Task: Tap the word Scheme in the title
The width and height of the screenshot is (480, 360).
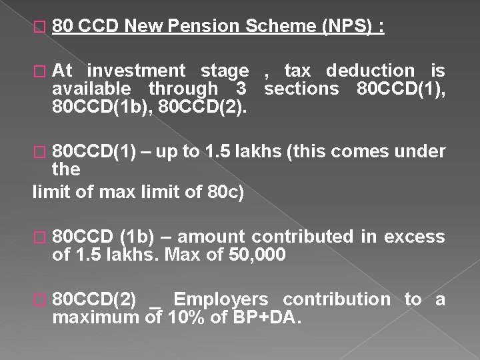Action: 279,27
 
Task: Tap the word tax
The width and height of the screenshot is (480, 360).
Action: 299,71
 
